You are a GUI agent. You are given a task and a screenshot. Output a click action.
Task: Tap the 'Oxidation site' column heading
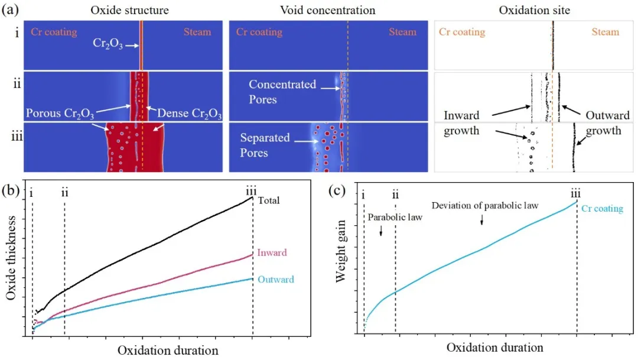[535, 10]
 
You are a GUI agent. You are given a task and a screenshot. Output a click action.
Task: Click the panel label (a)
[12, 10]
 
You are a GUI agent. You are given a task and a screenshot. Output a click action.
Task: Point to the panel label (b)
[12, 191]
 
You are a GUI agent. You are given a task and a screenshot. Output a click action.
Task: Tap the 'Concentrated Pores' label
[282, 92]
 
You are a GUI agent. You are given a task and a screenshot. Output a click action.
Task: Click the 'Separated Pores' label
[265, 145]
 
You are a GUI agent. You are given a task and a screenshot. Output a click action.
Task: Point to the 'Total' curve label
[269, 201]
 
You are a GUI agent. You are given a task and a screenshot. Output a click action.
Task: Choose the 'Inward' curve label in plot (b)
[272, 253]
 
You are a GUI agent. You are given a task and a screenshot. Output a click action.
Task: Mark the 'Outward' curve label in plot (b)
[276, 280]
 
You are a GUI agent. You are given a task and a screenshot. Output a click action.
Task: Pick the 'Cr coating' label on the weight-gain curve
[602, 209]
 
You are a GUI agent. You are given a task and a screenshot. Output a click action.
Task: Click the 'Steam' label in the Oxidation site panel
[606, 33]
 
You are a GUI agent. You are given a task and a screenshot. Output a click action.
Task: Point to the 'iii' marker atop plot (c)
[576, 193]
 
